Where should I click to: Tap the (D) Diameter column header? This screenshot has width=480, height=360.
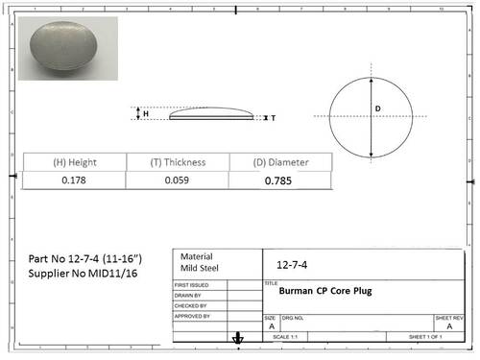coord(279,162)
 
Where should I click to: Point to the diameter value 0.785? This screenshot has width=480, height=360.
coord(278,180)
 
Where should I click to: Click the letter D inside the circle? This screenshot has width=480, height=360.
coord(378,109)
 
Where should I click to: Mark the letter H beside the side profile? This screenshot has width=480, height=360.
coord(146,113)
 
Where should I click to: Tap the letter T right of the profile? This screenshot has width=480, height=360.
coord(274,118)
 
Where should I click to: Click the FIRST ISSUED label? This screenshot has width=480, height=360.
coord(193,286)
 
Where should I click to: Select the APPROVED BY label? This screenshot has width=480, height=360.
coord(193,315)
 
